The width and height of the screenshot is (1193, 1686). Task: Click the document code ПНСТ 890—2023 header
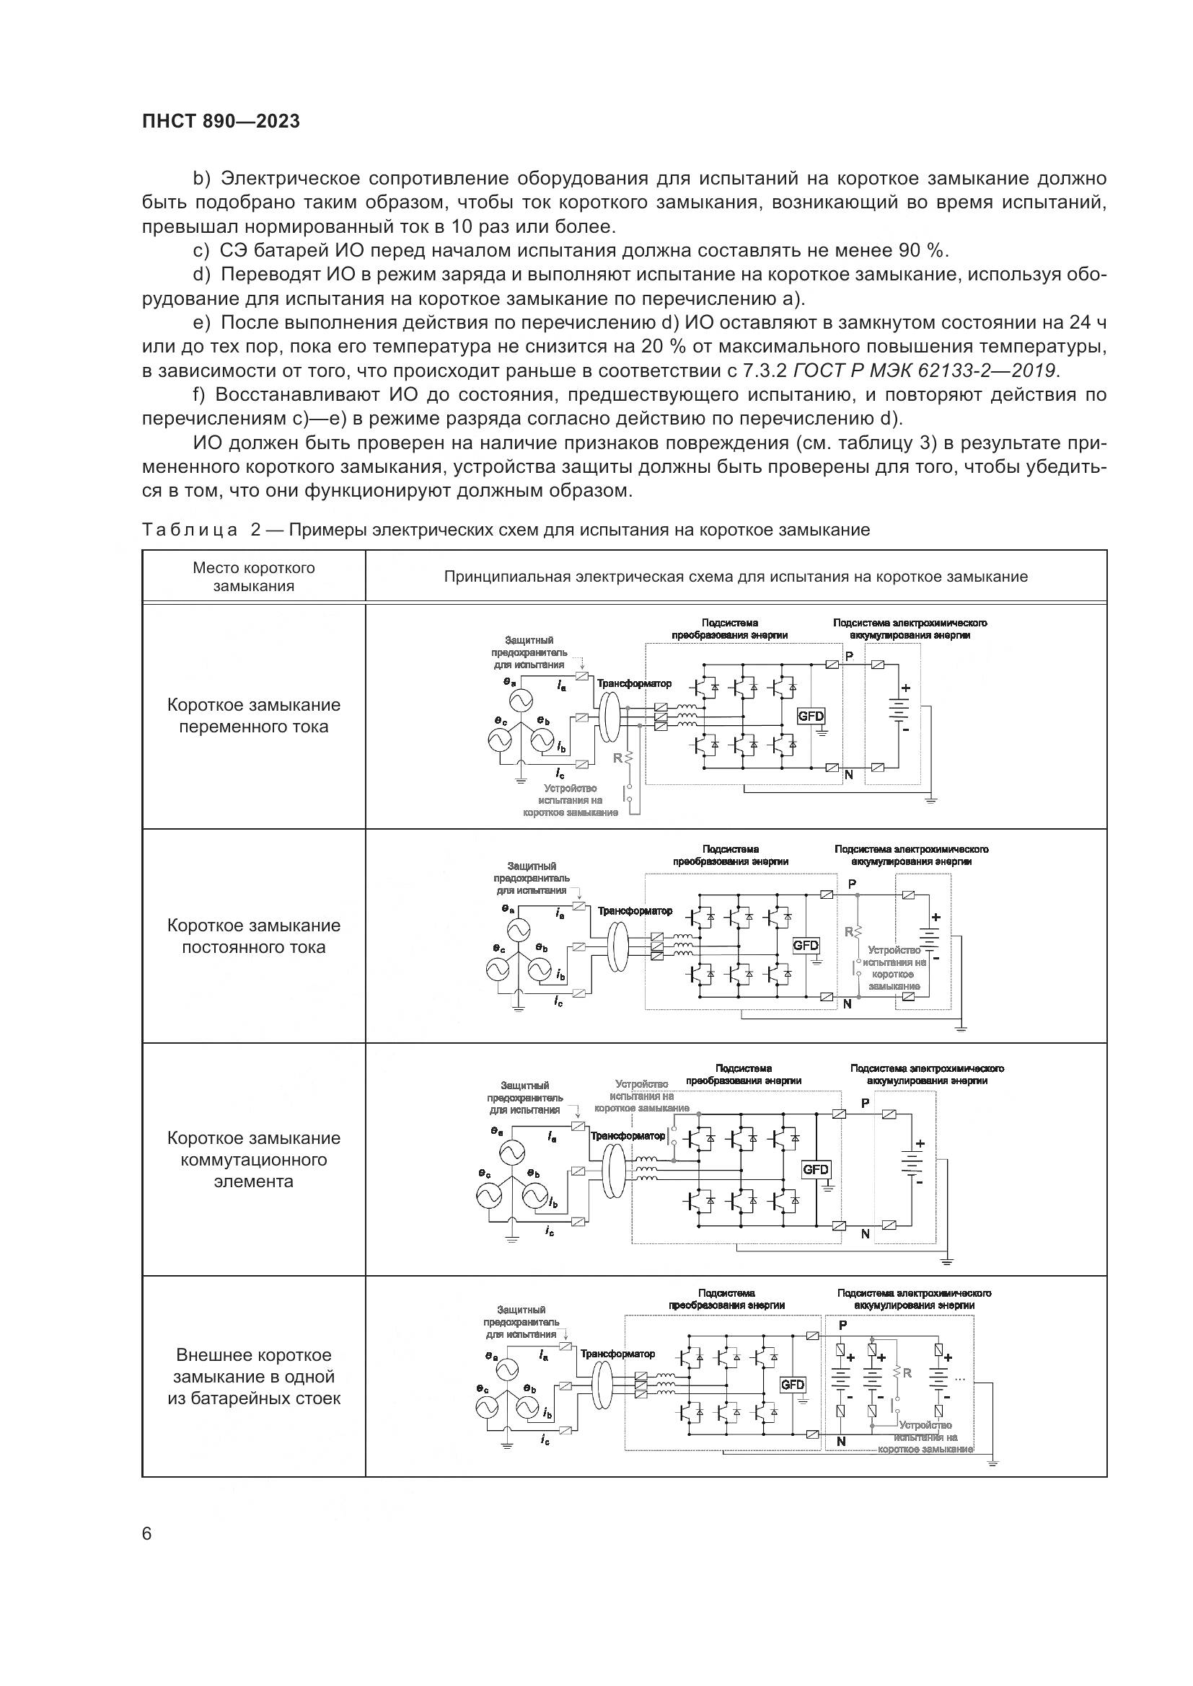[x=221, y=121]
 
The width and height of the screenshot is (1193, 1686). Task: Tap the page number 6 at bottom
[x=147, y=1534]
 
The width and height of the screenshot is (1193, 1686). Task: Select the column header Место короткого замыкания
[x=253, y=577]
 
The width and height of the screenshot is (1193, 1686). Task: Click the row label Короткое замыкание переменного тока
[x=253, y=716]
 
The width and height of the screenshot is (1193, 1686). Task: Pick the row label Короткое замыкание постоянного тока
[x=253, y=936]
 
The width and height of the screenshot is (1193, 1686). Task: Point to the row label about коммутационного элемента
[x=253, y=1160]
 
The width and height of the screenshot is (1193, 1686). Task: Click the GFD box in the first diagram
[x=810, y=716]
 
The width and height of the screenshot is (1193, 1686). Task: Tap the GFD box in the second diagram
[x=805, y=945]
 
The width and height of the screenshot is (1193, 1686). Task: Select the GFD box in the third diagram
[x=816, y=1169]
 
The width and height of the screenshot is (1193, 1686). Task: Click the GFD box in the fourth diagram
[x=793, y=1384]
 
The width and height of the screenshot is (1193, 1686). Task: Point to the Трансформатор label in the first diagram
[x=634, y=683]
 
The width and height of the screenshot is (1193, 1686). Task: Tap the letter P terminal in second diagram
[x=852, y=885]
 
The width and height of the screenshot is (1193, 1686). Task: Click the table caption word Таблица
[x=190, y=531]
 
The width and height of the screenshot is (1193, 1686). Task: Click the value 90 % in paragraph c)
[x=922, y=250]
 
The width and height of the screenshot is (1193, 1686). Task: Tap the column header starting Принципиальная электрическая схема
[x=735, y=577]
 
